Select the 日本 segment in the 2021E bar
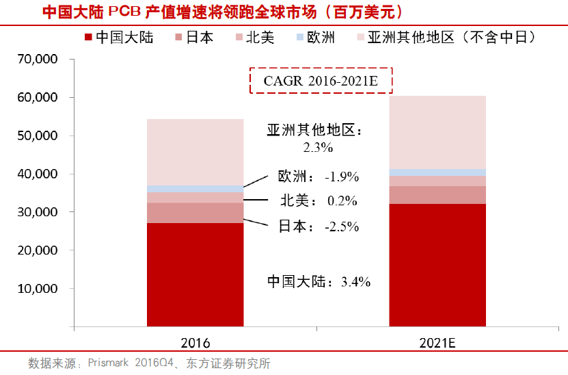click(437, 195)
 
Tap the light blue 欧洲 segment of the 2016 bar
click(195, 189)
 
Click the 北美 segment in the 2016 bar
click(195, 198)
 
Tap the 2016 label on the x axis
click(195, 342)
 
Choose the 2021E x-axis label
click(437, 342)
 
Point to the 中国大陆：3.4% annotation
click(319, 281)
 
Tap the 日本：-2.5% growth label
click(319, 227)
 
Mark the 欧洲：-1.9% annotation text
click(319, 176)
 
